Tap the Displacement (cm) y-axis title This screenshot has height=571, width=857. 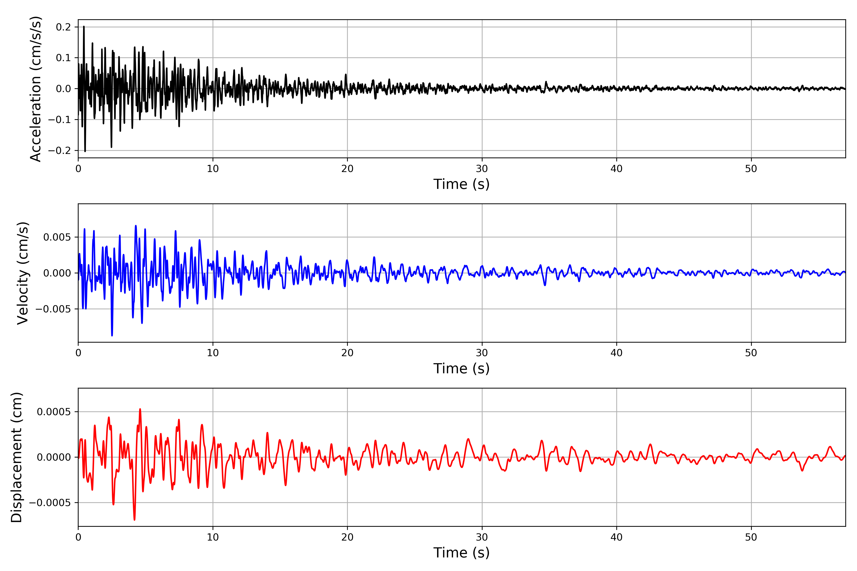[x=16, y=457]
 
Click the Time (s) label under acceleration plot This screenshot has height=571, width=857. [x=461, y=184]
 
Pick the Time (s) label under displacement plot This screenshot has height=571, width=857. [x=461, y=553]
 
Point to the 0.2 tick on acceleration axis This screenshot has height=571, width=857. [x=63, y=27]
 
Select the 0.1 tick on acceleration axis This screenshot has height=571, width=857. [x=63, y=58]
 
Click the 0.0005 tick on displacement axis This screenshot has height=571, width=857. [x=54, y=412]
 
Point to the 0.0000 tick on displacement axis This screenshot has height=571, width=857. [x=54, y=457]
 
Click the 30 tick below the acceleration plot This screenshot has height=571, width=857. [x=482, y=169]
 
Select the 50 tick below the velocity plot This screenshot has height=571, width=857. [x=751, y=353]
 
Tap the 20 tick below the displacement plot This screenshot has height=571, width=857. [x=347, y=537]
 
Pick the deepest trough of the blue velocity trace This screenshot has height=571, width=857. [x=112, y=335]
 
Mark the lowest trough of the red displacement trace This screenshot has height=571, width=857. [x=135, y=520]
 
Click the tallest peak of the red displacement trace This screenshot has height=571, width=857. [x=140, y=409]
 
